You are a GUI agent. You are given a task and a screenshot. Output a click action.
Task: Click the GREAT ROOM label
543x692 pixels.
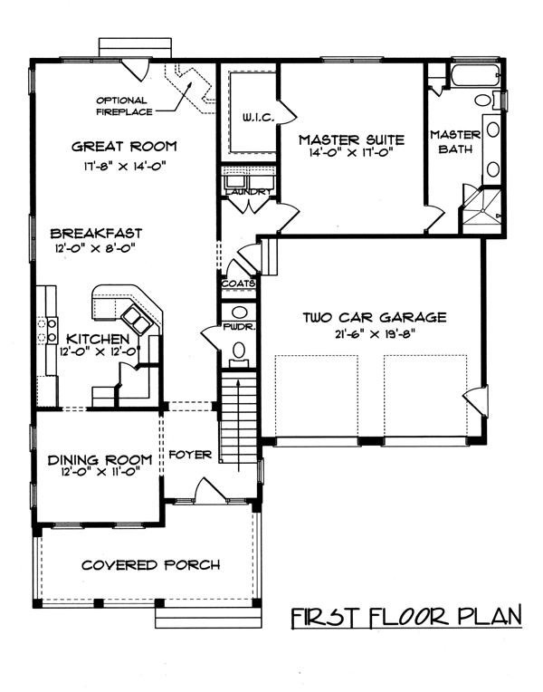pyautogui.click(x=124, y=146)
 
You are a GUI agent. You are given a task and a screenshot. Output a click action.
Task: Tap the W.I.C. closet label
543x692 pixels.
pyautogui.click(x=259, y=118)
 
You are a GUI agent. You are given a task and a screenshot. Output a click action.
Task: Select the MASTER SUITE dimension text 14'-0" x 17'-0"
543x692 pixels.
pyautogui.click(x=351, y=153)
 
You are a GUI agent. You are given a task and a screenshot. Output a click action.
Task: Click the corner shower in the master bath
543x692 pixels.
pyautogui.click(x=481, y=211)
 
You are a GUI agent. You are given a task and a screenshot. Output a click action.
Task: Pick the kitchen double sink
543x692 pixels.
pyautogui.click(x=137, y=321)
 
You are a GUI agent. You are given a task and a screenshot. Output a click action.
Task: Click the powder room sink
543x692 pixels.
pyautogui.click(x=240, y=312)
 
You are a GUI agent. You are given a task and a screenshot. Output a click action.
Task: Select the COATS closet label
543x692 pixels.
pyautogui.click(x=238, y=284)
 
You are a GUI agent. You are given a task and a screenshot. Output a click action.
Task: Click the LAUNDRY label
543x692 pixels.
pyautogui.click(x=247, y=192)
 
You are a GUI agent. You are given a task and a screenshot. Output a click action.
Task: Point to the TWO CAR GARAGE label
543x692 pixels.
pyautogui.click(x=375, y=317)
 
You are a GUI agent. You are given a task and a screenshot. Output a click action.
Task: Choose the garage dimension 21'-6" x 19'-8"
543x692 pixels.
pyautogui.click(x=375, y=334)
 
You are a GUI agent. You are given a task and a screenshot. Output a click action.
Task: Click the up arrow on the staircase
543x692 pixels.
pyautogui.click(x=238, y=425)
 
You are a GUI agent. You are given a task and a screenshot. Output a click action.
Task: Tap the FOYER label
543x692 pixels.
pyautogui.click(x=190, y=454)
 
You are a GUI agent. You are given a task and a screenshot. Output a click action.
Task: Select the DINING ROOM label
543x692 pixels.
pyautogui.click(x=100, y=460)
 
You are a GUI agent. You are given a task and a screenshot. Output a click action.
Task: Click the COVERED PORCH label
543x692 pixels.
pyautogui.click(x=151, y=565)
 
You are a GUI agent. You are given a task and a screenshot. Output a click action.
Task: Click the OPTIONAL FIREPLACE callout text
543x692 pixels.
pyautogui.click(x=124, y=106)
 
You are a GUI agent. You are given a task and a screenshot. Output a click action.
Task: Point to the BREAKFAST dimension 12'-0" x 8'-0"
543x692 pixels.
pyautogui.click(x=94, y=248)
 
